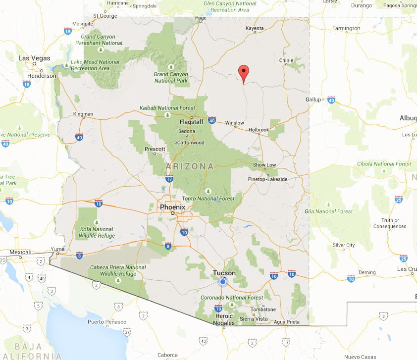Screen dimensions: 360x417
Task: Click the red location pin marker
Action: (243, 73)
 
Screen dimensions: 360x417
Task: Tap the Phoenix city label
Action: (172, 207)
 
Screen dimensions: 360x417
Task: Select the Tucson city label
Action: (224, 273)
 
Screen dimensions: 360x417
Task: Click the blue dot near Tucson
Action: (222, 282)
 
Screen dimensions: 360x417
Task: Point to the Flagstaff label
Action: (191, 121)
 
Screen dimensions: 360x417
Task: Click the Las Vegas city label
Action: (34, 58)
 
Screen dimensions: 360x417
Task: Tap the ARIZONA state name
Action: (190, 166)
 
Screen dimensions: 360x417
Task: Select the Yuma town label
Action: (58, 249)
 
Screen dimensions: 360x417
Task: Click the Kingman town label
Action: (83, 114)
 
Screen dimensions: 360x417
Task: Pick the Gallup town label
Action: (313, 99)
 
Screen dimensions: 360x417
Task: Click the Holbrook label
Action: (259, 130)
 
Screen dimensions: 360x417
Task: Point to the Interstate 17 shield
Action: (169, 179)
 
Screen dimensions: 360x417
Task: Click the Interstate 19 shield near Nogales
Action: (218, 309)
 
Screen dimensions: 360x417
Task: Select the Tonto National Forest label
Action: (215, 199)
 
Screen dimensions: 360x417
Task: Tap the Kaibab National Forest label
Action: (167, 108)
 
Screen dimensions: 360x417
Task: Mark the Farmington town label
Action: (346, 28)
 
